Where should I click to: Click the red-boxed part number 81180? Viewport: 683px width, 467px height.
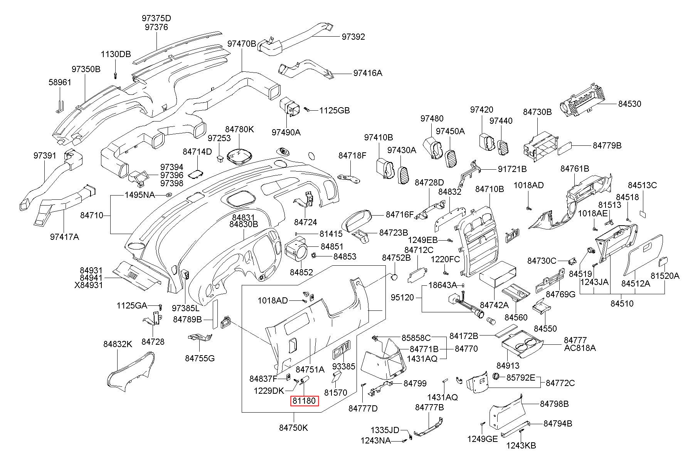point(304,401)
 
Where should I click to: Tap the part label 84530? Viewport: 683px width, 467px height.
point(630,104)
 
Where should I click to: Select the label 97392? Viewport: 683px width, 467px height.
point(353,37)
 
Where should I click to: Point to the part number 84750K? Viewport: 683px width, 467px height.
point(294,428)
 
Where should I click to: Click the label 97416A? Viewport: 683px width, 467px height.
point(368,73)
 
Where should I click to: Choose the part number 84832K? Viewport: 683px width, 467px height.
point(118,344)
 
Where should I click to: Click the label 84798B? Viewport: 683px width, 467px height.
point(554,404)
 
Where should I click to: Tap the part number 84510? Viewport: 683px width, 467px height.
point(622,303)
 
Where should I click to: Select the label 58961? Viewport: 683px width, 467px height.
point(60,83)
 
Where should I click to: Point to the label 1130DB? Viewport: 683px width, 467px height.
point(116,54)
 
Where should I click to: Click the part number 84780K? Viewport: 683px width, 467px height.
point(240,129)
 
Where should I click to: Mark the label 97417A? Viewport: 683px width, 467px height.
point(64,237)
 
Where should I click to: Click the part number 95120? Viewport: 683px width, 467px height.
point(402,297)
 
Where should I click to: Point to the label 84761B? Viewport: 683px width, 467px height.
point(575,169)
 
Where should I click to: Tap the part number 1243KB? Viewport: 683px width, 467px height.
point(521,445)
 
